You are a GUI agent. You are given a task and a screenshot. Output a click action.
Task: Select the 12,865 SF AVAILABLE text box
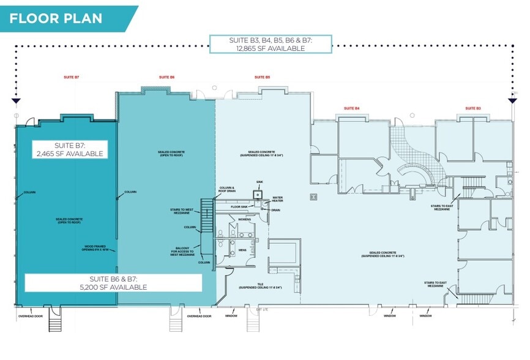[271, 44]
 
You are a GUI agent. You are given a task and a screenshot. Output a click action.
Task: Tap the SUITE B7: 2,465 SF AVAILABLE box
[69, 149]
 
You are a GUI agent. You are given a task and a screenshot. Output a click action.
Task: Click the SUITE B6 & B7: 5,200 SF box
[113, 282]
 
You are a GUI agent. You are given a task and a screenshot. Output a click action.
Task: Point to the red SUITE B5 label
[263, 77]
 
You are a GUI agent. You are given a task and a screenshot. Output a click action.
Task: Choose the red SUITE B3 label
[473, 108]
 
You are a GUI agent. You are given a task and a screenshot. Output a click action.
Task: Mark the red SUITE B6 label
[167, 77]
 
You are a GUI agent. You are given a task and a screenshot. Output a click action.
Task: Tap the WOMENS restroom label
[245, 219]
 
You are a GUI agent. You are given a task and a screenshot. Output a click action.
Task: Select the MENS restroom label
[242, 250]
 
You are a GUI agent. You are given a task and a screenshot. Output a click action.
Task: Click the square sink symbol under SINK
[258, 194]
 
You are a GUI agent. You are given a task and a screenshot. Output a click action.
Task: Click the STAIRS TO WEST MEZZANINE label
[182, 211]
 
